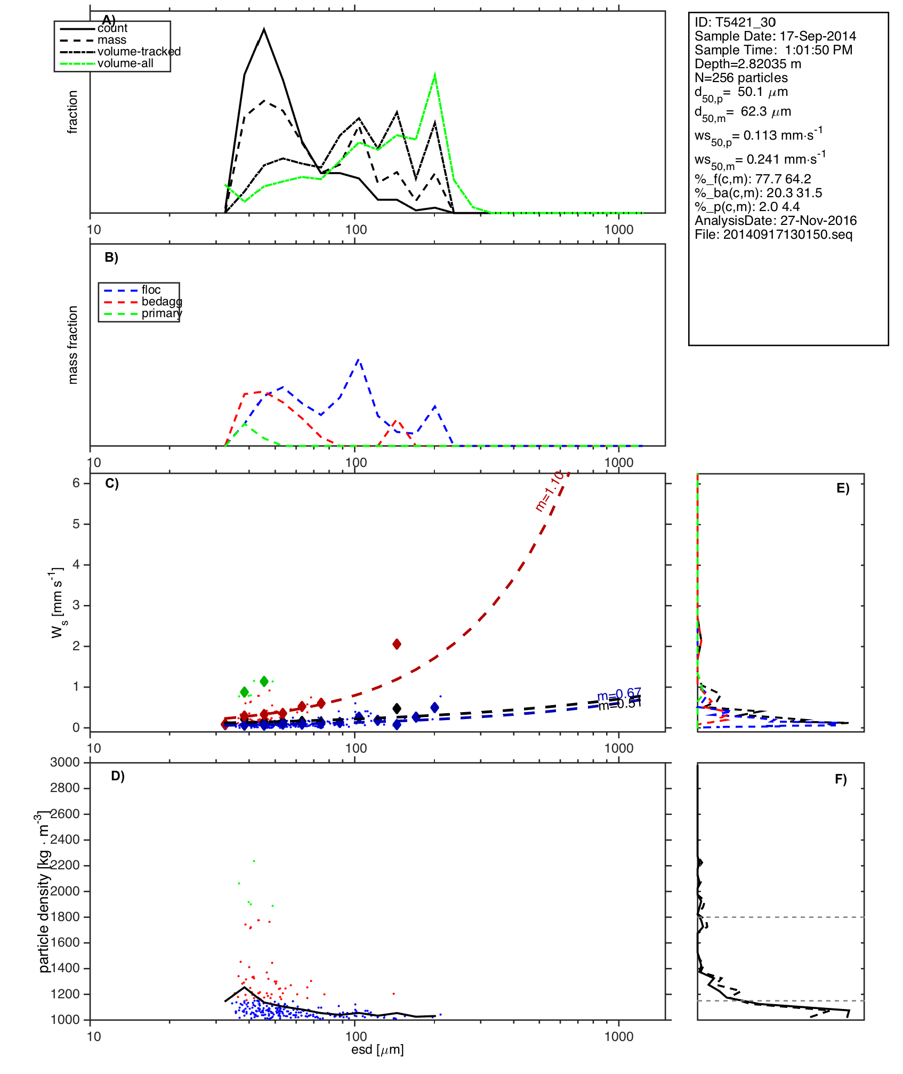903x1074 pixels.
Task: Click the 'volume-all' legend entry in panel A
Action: coord(125,63)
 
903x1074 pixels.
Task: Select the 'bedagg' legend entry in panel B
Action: coord(162,302)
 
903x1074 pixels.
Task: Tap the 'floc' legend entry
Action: coord(151,290)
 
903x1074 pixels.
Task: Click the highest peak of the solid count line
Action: coord(264,29)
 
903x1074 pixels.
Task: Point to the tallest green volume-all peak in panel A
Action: coord(435,75)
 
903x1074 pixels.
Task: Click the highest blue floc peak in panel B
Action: coord(359,360)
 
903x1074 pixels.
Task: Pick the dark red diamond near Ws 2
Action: coord(397,644)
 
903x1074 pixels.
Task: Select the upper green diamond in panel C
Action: coord(264,681)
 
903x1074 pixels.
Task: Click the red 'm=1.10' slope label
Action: coord(549,491)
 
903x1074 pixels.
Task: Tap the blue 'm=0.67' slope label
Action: coord(619,695)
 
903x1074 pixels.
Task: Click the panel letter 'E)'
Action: coord(843,489)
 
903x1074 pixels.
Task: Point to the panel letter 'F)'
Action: coord(841,779)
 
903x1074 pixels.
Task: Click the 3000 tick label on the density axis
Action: coord(64,762)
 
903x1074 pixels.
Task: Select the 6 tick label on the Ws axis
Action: coord(76,483)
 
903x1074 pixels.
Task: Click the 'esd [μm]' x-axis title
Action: coord(377,1049)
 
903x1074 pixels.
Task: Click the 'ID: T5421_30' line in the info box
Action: coord(735,22)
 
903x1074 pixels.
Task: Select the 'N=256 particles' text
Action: coord(741,78)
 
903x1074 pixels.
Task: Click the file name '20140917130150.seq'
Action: coord(787,235)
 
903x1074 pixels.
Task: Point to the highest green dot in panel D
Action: coord(254,861)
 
